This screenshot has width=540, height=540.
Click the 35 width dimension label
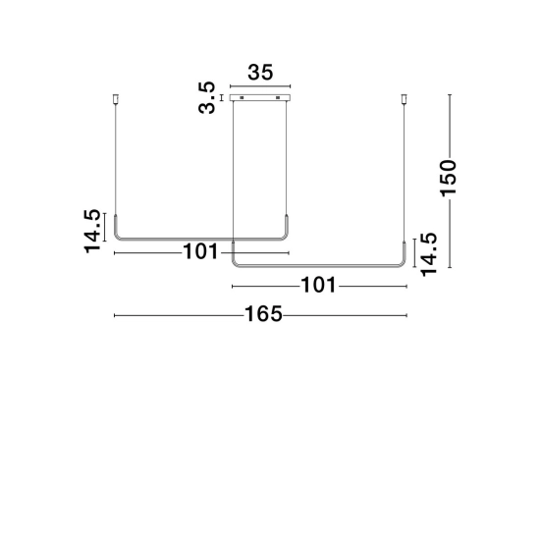click(260, 73)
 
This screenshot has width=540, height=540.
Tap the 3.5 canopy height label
click(206, 98)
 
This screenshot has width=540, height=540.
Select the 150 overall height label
click(449, 178)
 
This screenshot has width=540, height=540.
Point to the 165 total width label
click(263, 314)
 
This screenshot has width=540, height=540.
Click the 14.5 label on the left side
click(92, 232)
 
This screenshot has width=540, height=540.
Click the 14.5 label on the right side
click(429, 255)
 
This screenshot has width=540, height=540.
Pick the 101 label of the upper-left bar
click(200, 251)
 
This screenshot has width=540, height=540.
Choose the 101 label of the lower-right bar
click(318, 285)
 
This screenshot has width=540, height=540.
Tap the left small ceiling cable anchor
click(116, 99)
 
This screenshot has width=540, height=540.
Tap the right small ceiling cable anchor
click(405, 99)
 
